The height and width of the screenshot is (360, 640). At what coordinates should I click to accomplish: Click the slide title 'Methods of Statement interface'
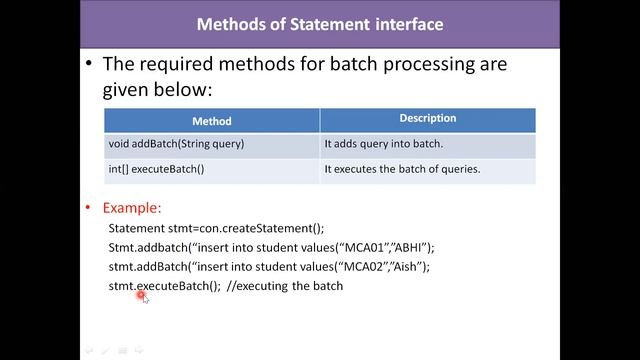(319, 23)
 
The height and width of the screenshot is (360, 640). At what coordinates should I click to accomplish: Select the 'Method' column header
(211, 121)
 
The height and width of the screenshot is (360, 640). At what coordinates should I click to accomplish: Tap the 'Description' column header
(427, 119)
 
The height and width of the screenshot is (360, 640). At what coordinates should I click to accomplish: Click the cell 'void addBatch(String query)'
(176, 144)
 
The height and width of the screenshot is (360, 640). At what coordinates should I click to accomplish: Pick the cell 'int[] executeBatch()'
(156, 169)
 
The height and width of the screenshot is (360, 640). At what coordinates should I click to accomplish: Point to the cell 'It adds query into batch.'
(383, 144)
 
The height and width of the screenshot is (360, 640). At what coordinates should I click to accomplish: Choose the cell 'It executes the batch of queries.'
(402, 169)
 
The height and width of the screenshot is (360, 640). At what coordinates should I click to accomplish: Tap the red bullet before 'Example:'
(89, 208)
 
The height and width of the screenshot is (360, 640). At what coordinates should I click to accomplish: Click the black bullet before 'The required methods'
(89, 65)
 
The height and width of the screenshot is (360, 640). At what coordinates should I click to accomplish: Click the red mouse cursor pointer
(142, 294)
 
